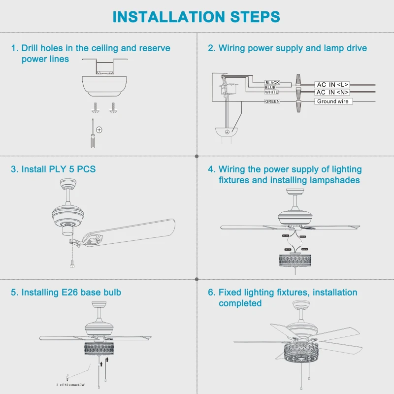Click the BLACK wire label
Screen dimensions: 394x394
point(272,83)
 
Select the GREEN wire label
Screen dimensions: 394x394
point(272,101)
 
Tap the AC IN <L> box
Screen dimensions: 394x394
point(332,85)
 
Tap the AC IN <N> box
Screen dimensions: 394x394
point(332,92)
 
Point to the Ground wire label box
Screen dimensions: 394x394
point(332,101)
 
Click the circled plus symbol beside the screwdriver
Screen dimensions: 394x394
point(99,130)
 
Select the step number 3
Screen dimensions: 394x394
point(14,169)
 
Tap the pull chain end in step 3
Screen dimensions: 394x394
point(72,265)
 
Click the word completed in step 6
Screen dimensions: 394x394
point(240,303)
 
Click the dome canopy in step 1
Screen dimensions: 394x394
point(103,86)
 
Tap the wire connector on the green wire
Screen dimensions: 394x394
point(298,102)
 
